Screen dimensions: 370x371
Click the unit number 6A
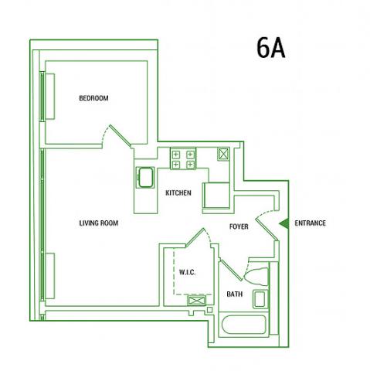[x=271, y=48]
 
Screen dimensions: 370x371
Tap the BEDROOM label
[x=93, y=98]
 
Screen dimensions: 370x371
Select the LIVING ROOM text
[x=99, y=223]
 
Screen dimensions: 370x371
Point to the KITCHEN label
[x=178, y=193]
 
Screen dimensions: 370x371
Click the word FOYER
[x=239, y=226]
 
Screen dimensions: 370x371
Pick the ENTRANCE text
[x=311, y=223]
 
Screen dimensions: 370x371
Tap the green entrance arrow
[x=284, y=223]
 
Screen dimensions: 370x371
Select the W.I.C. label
[x=187, y=272]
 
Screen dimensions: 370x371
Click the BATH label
[x=235, y=294]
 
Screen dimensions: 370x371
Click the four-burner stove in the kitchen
[x=183, y=158]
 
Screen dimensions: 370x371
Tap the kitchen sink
[x=145, y=177]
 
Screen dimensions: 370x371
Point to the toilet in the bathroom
[x=256, y=277]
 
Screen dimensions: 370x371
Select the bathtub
[x=243, y=325]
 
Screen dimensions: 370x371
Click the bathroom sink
[x=260, y=299]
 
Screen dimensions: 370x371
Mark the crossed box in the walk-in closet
[x=197, y=301]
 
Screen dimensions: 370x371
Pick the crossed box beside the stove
[x=223, y=154]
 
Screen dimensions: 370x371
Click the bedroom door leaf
[x=120, y=136]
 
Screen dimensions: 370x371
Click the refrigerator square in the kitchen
[x=216, y=196]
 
